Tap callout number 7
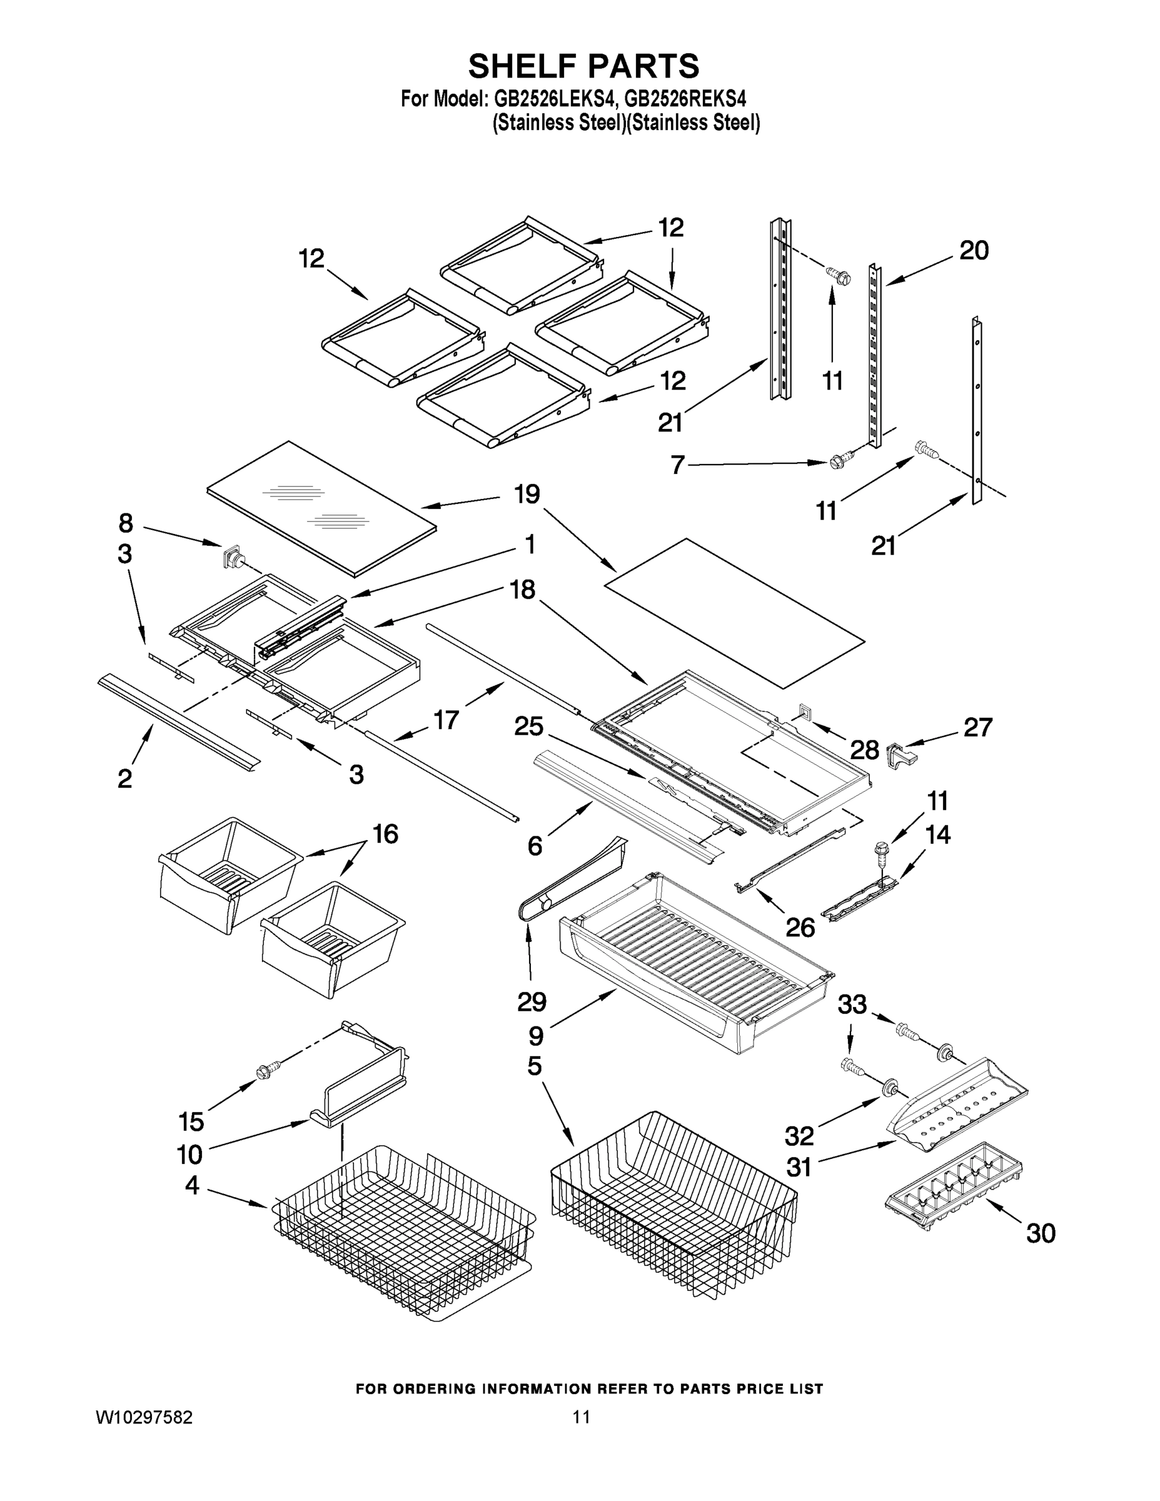[x=678, y=465]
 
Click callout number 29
[x=531, y=1002]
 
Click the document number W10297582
[x=144, y=1417]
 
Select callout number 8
[x=125, y=523]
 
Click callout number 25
[x=528, y=727]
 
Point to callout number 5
[x=535, y=1066]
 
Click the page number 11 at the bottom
[x=582, y=1417]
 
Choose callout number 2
[x=124, y=779]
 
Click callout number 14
[x=937, y=834]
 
